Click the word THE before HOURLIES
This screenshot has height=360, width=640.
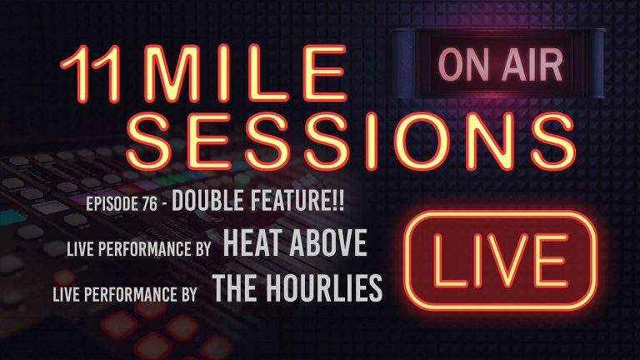click(x=234, y=288)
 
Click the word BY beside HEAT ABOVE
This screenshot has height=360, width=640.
click(x=205, y=250)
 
